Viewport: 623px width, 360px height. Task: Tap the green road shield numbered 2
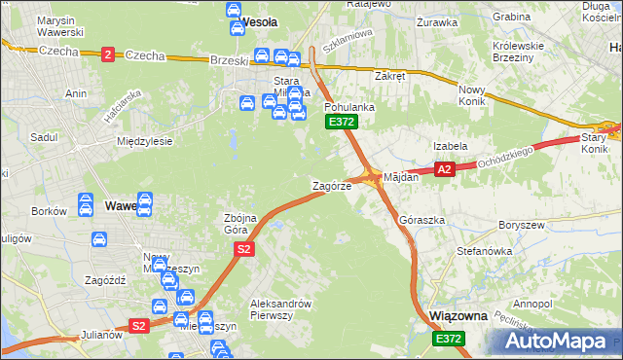pos(106,54)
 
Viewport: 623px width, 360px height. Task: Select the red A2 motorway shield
pos(445,169)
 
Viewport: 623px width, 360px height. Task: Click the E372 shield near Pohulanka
pos(341,122)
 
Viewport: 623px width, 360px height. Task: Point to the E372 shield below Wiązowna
pos(448,338)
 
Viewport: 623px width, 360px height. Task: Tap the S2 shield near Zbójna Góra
pos(244,250)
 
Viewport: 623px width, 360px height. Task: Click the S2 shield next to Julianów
pos(138,326)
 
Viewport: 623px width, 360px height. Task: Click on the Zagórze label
pos(331,185)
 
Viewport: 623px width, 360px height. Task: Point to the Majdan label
pos(401,178)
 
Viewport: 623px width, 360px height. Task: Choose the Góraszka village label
pos(422,220)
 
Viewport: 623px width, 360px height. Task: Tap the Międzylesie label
pos(144,141)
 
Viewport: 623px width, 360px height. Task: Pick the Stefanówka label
pos(484,251)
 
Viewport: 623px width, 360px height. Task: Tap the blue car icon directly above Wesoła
pos(234,9)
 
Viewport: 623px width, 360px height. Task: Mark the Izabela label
pos(451,146)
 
